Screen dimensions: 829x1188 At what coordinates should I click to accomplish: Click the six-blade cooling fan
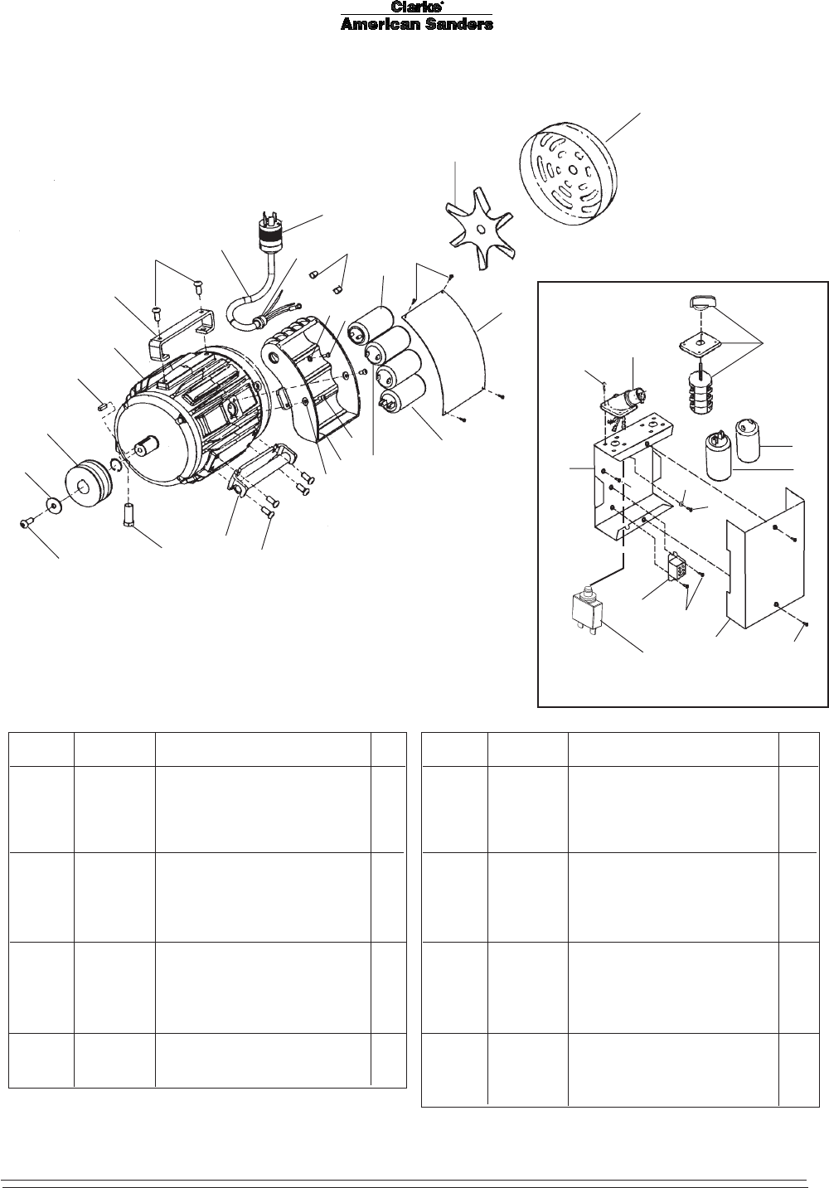[481, 229]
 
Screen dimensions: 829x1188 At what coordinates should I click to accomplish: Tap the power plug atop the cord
[271, 231]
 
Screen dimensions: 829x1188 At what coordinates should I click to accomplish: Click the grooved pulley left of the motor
[88, 482]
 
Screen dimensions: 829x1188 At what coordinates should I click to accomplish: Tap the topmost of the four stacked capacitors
[371, 325]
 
